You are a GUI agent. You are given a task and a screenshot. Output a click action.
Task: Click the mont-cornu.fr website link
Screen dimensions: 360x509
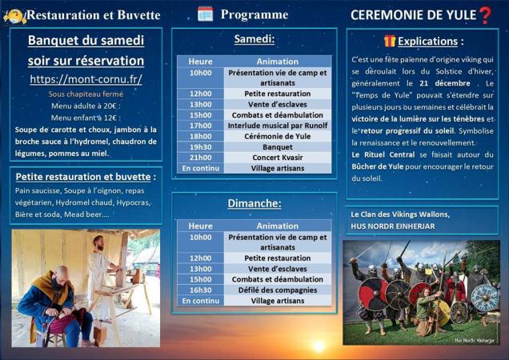(x=86, y=79)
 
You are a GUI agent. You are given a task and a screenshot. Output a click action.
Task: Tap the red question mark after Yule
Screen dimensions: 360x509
(x=485, y=14)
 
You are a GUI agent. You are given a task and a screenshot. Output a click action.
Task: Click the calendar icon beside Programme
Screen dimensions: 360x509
(x=205, y=14)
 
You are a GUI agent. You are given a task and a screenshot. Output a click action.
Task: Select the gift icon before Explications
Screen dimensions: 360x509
(x=389, y=41)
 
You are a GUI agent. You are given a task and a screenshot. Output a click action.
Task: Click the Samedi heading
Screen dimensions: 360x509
(x=254, y=39)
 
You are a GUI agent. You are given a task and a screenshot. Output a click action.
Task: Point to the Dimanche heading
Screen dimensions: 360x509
(x=254, y=203)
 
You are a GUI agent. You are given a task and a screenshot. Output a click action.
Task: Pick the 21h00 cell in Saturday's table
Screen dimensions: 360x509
(x=201, y=158)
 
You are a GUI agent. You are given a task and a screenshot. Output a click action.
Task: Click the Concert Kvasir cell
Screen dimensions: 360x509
(x=277, y=158)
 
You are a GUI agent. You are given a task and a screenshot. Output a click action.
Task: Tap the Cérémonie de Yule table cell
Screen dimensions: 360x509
(x=277, y=136)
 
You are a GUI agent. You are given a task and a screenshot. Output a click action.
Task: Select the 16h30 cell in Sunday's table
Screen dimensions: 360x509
(x=201, y=290)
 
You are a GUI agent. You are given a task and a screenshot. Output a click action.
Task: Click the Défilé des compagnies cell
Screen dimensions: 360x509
(x=277, y=290)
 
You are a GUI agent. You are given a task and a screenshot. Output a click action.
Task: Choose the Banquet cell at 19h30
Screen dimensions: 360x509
(x=277, y=147)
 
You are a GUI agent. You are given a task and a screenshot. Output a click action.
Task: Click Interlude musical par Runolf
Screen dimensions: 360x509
(x=277, y=125)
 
